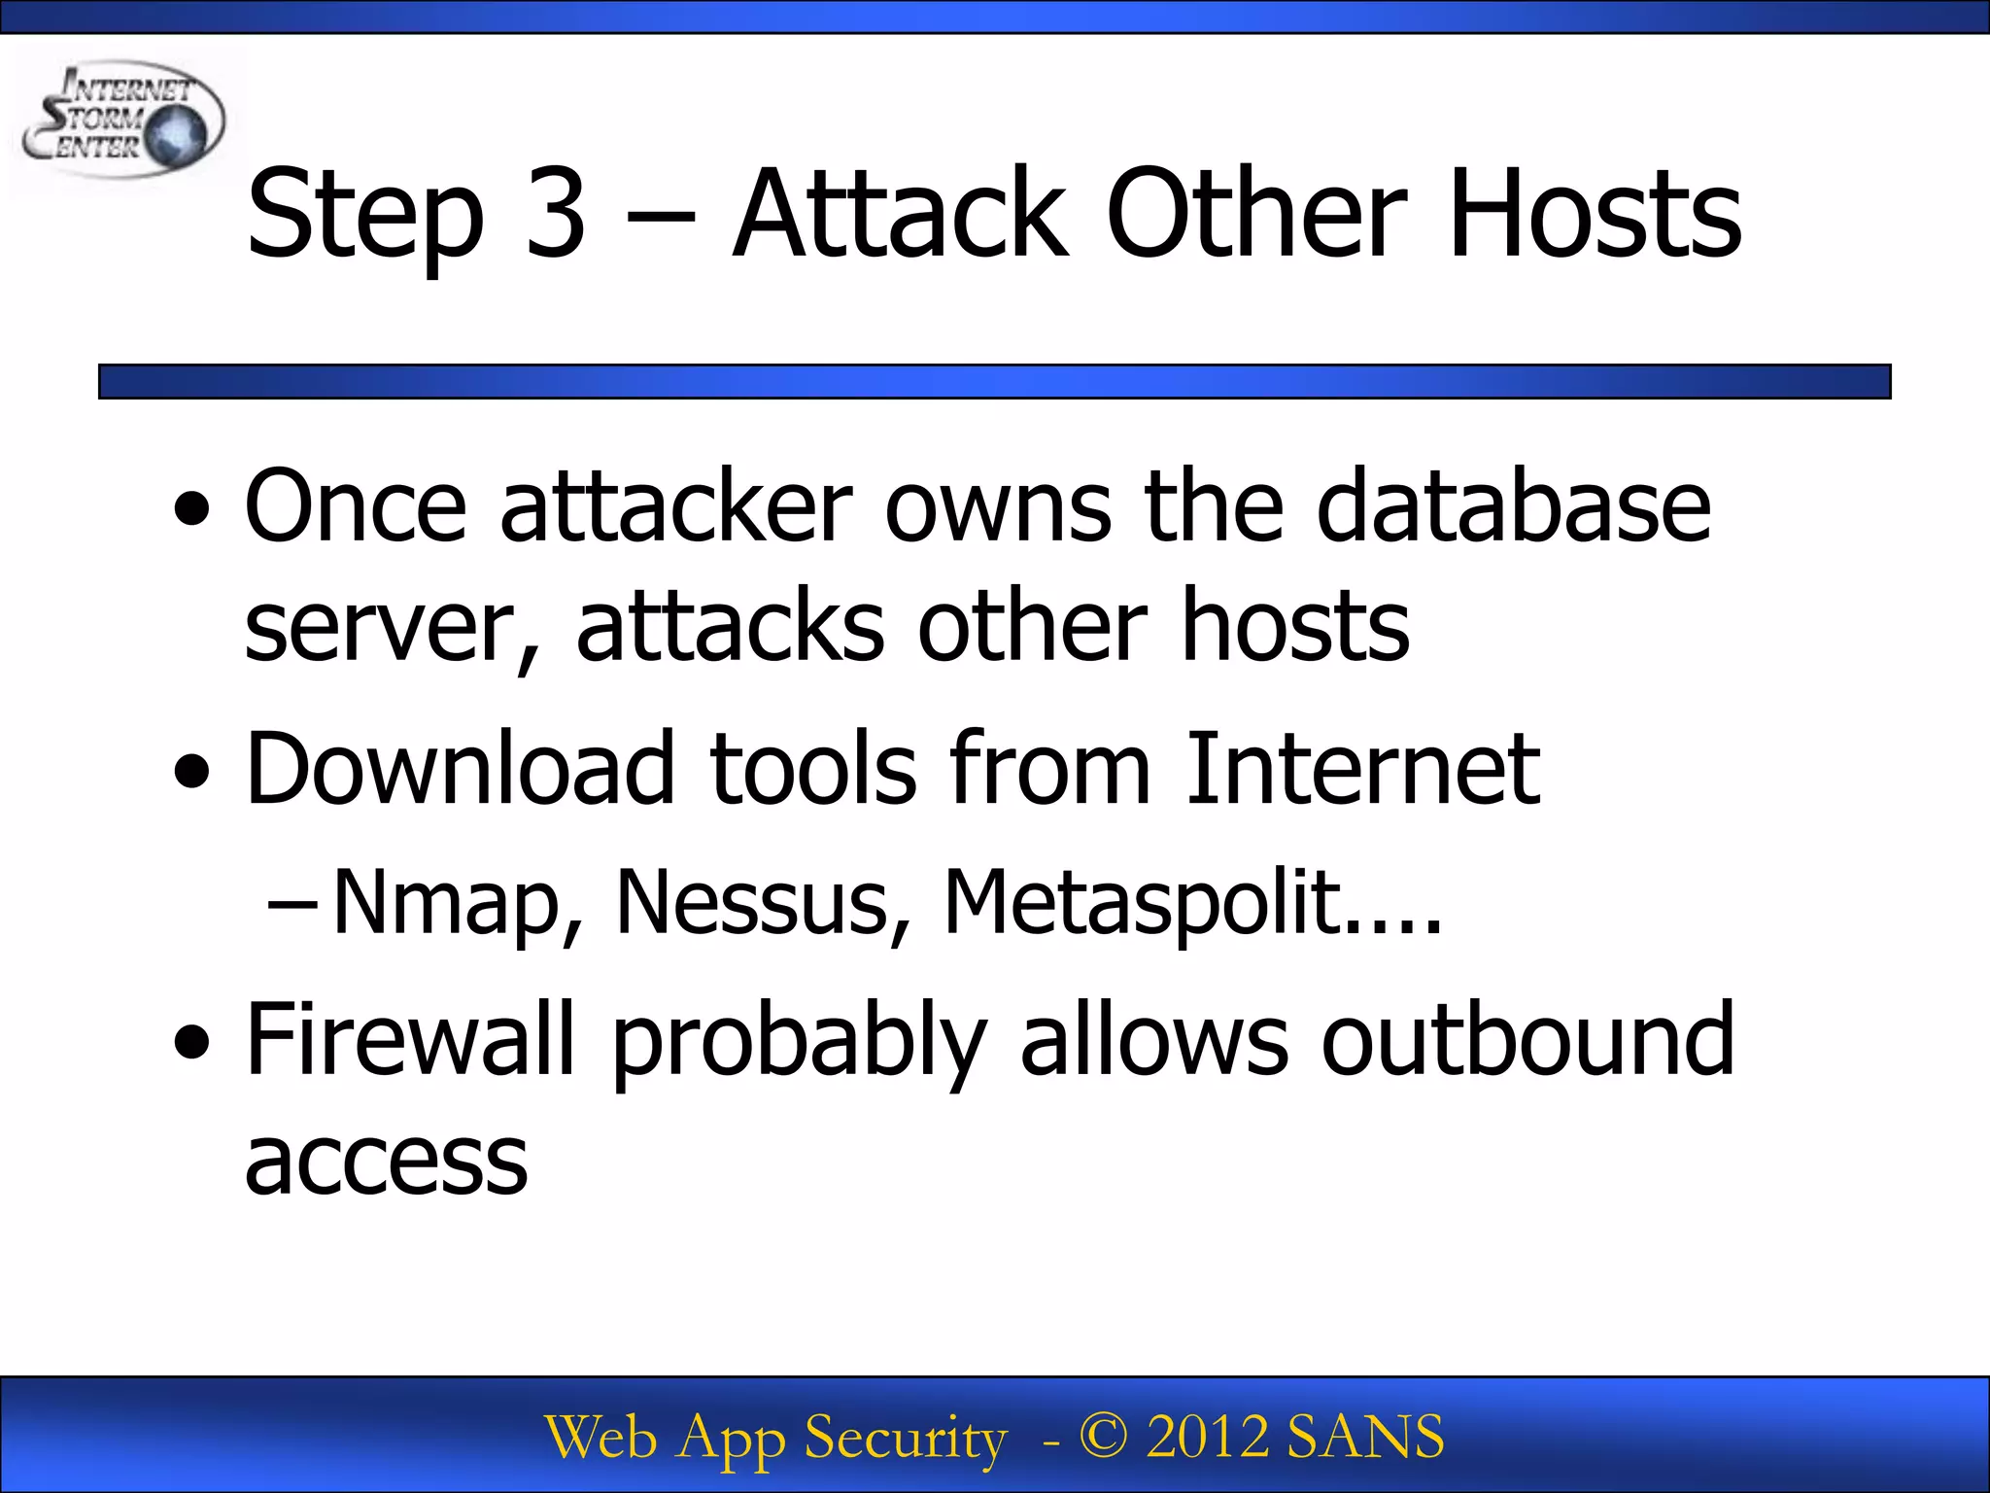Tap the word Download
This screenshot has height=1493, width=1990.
(x=460, y=768)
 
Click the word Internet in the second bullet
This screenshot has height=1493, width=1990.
(x=1362, y=768)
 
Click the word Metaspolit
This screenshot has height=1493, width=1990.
(x=1142, y=903)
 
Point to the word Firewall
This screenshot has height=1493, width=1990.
(x=410, y=1039)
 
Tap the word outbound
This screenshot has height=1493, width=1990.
(x=1527, y=1039)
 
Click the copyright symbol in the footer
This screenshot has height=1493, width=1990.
(x=1103, y=1437)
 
